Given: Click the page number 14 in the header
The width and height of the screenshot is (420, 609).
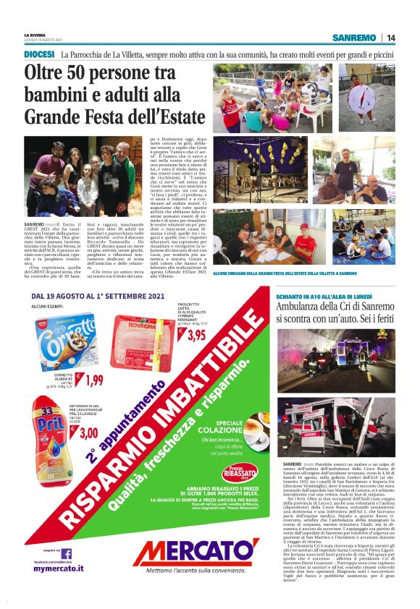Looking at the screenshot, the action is click(x=391, y=38).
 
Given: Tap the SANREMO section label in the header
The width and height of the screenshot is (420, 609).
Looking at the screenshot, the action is click(x=354, y=38).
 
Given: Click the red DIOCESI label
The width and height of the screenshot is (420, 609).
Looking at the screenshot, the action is click(x=39, y=54).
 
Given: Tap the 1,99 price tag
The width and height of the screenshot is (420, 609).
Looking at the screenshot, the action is click(x=92, y=380).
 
